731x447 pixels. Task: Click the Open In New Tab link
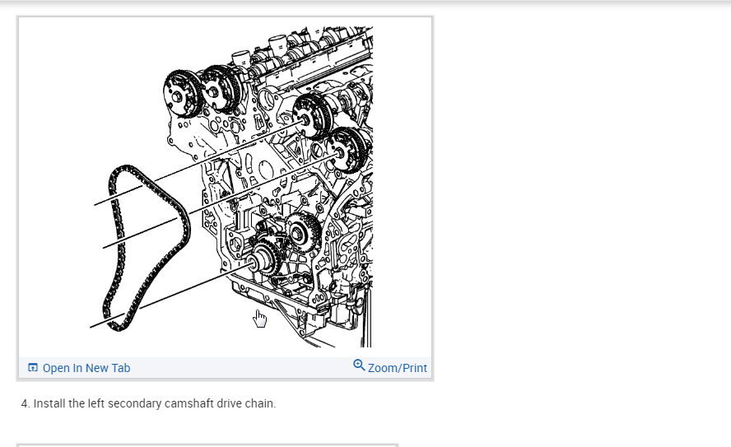[x=86, y=368]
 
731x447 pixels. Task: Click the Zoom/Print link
[x=398, y=368]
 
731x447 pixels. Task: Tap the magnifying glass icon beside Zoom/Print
[x=359, y=365]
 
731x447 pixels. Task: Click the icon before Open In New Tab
[x=33, y=368]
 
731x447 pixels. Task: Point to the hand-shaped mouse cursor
[x=260, y=319]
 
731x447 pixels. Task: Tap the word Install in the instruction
[x=49, y=403]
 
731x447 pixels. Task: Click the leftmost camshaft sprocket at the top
[x=181, y=94]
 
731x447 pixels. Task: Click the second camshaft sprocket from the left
[x=221, y=89]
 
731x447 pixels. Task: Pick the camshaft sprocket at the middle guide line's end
[x=347, y=150]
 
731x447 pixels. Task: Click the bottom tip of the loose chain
[x=118, y=329]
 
